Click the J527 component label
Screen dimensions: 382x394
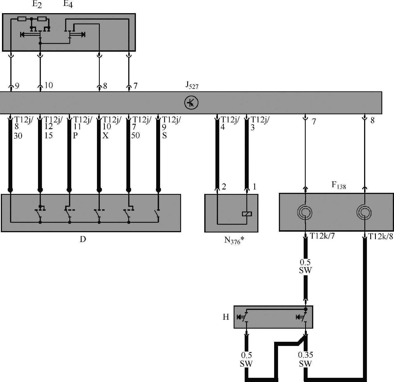(x=192, y=85)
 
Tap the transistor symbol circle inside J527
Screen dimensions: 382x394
(x=191, y=103)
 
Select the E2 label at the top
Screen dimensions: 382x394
(x=37, y=4)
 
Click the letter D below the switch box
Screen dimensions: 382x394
(x=83, y=239)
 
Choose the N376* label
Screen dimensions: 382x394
(x=234, y=240)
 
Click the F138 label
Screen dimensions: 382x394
(x=338, y=185)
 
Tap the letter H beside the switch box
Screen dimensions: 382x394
(x=226, y=317)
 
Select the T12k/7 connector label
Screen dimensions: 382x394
(x=322, y=236)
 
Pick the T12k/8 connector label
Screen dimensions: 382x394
(x=381, y=237)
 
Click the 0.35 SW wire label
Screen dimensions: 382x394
(x=305, y=359)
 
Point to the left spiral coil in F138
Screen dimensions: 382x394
(x=305, y=212)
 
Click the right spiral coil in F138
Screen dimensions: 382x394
(x=364, y=212)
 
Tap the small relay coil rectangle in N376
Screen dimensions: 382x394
(x=247, y=214)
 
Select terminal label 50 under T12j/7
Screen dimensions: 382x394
(x=135, y=136)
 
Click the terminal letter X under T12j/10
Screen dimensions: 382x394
(x=105, y=136)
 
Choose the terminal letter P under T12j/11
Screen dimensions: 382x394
(x=75, y=136)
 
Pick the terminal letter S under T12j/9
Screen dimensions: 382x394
(x=164, y=136)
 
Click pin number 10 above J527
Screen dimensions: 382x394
(x=49, y=85)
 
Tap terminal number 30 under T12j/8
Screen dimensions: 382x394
(x=18, y=136)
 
